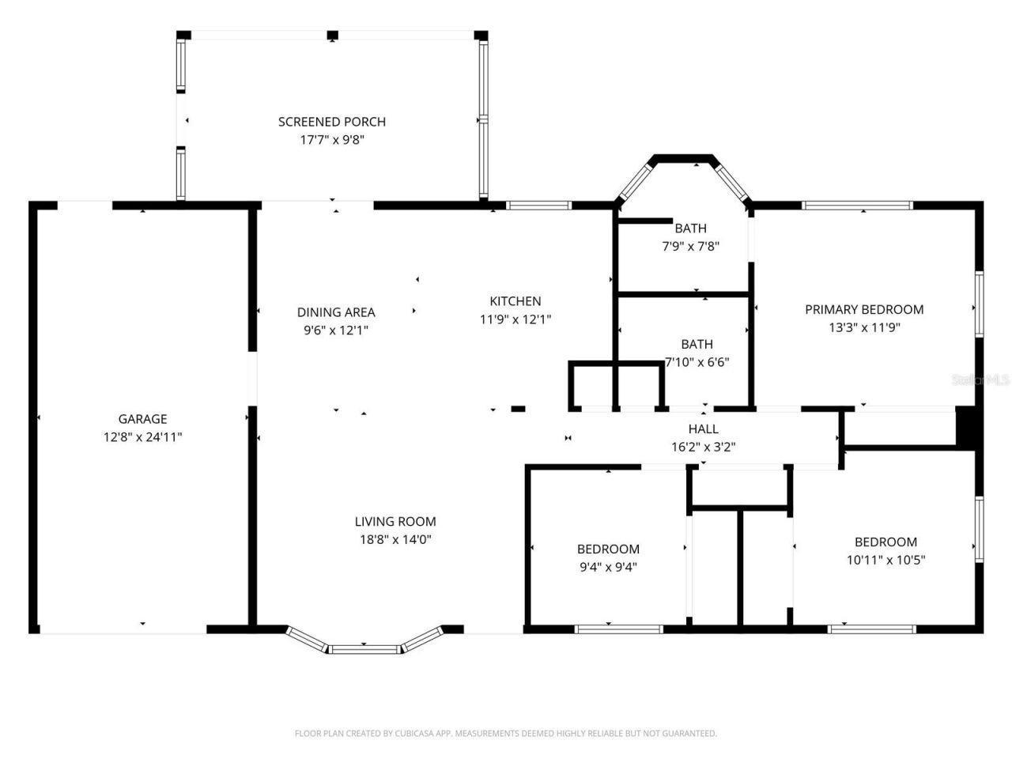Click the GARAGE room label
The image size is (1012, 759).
[x=142, y=419]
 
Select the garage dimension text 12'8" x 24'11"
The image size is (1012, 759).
[x=142, y=436]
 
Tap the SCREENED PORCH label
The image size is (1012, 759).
[x=332, y=122]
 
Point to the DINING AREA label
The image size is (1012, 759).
[x=336, y=312]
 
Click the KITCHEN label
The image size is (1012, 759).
[x=515, y=301]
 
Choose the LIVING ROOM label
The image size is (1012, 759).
[x=395, y=522]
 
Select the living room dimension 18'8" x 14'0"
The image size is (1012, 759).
[x=395, y=540]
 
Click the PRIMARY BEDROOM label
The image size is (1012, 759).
[x=864, y=309]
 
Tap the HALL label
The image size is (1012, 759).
[x=704, y=429]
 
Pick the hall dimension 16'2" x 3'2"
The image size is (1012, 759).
[x=704, y=447]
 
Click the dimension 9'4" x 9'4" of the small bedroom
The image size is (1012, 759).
[x=608, y=566]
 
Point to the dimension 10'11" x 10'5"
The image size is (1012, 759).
[x=885, y=560]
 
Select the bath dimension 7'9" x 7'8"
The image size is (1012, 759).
[x=690, y=246]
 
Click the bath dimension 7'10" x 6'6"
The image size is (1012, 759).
[x=697, y=362]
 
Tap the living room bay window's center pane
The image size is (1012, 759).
[x=365, y=650]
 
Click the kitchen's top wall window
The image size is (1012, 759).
[x=538, y=206]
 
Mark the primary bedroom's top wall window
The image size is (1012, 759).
[x=858, y=206]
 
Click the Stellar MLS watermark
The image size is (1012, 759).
[x=980, y=380]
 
